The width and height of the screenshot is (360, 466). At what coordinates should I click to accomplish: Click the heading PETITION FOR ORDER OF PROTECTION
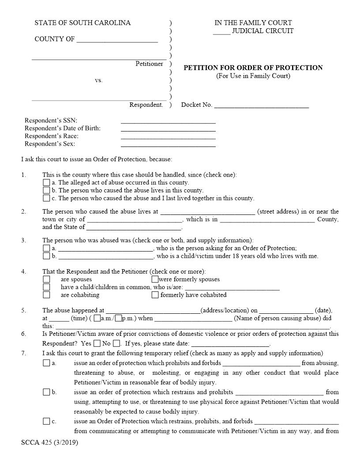pos(253,68)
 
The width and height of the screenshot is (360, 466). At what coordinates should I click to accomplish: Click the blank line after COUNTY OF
pos(117,39)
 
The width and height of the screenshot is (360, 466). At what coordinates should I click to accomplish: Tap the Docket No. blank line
pos(261,105)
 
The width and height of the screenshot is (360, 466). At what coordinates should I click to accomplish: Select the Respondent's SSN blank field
pos(168,120)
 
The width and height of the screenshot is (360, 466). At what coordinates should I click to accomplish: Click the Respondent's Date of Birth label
pos(63,128)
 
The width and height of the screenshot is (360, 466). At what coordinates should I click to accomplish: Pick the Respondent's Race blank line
pos(168,136)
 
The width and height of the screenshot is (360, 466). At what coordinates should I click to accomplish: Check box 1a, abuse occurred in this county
pos(46,182)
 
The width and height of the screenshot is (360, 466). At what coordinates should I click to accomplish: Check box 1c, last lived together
pos(46,198)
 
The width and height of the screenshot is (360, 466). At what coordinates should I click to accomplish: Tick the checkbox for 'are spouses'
pos(46,279)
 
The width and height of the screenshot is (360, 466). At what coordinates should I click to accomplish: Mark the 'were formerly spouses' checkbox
pos(155,279)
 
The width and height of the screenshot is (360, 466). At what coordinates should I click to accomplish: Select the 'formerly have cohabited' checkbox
pos(155,295)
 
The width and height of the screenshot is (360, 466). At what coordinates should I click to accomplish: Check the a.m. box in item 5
pos(97,318)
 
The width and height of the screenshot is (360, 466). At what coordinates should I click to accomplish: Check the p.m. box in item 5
pos(118,318)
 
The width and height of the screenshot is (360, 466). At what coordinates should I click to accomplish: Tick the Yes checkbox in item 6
pos(97,343)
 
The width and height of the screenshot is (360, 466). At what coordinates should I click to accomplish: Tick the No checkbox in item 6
pos(116,343)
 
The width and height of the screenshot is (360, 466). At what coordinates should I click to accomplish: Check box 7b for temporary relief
pos(46,392)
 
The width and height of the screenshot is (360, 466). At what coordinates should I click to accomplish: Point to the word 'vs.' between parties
pos(98,80)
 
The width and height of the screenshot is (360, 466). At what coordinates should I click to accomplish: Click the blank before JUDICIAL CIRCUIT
pos(221,31)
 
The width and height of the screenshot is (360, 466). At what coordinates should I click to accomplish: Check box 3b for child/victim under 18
pos(46,256)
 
